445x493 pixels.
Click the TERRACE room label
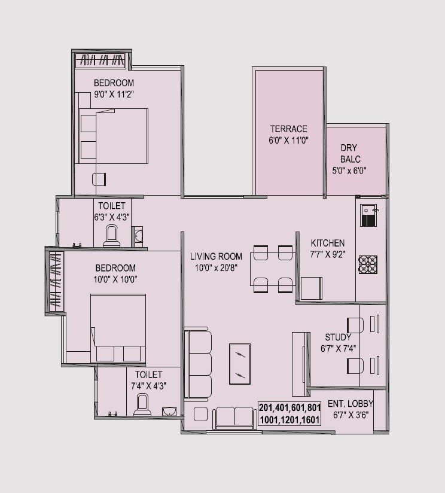pos(288,129)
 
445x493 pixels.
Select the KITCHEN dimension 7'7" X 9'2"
pos(327,255)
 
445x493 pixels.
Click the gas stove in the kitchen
pos(368,264)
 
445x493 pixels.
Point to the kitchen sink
pos(368,214)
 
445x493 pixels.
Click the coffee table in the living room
pos(240,364)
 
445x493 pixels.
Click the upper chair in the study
pos(355,324)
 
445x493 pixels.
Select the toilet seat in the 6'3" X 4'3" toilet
pos(112,236)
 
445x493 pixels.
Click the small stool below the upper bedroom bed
pos(99,178)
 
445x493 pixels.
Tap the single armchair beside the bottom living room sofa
pos(200,414)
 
